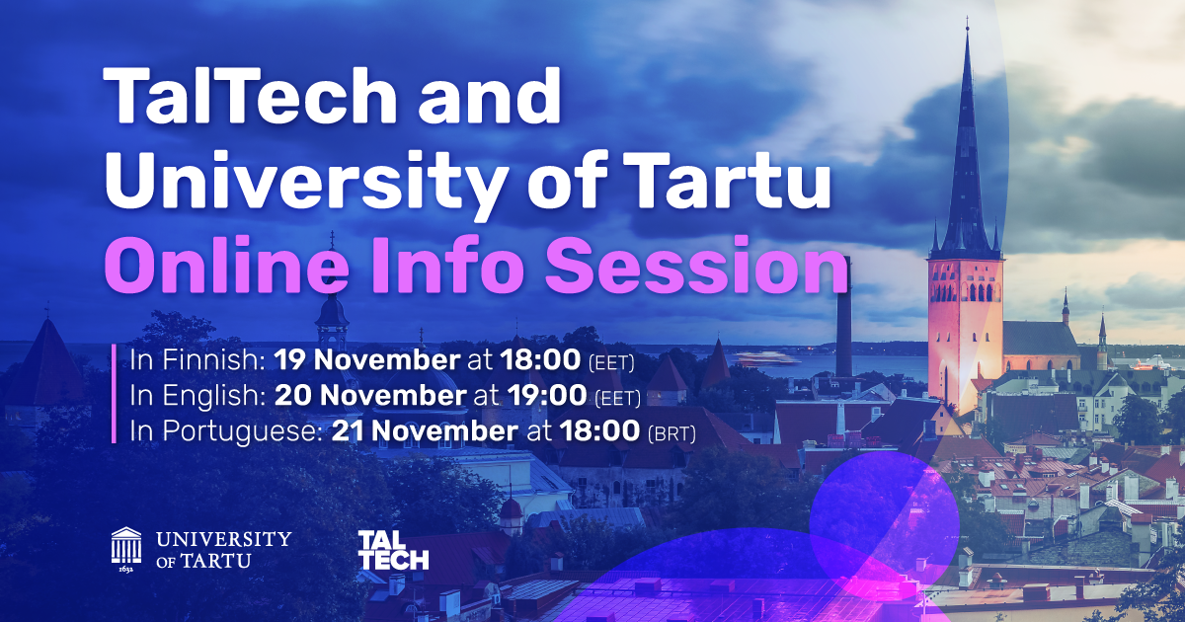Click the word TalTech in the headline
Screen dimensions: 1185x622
[250, 96]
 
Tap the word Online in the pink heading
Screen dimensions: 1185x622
[226, 266]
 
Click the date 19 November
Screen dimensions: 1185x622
[367, 360]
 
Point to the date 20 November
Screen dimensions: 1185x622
[370, 396]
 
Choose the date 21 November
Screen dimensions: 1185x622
[425, 430]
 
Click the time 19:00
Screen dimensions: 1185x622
[547, 396]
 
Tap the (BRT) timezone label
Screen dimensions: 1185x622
[671, 433]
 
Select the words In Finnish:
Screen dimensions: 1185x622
[197, 360]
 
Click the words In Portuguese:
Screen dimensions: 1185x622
[226, 431]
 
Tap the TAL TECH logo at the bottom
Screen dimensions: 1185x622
[394, 551]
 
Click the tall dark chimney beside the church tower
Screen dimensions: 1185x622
[843, 316]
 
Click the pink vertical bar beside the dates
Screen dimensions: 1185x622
[114, 394]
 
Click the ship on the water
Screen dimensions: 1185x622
[768, 359]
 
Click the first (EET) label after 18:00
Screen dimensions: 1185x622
[611, 363]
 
